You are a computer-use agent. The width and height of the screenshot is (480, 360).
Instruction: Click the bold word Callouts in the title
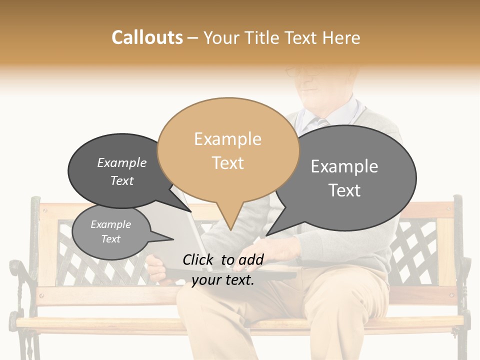click(147, 37)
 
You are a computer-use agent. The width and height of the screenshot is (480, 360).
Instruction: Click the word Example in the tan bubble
click(227, 139)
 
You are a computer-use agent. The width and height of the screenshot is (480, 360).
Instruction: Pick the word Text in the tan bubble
click(227, 163)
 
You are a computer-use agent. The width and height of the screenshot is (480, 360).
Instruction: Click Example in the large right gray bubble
click(344, 166)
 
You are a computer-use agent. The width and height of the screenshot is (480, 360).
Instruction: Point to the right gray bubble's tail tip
click(268, 234)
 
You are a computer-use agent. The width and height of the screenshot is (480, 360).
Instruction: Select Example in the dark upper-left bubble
click(122, 162)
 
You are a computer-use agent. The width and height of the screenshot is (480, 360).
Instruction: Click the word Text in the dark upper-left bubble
click(122, 180)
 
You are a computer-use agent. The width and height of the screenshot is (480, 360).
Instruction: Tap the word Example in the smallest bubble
click(110, 224)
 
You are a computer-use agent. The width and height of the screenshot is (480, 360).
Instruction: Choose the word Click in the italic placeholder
click(199, 259)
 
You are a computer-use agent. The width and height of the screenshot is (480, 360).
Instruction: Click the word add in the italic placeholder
click(250, 259)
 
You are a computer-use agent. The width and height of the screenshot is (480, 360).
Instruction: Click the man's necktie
click(323, 122)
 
